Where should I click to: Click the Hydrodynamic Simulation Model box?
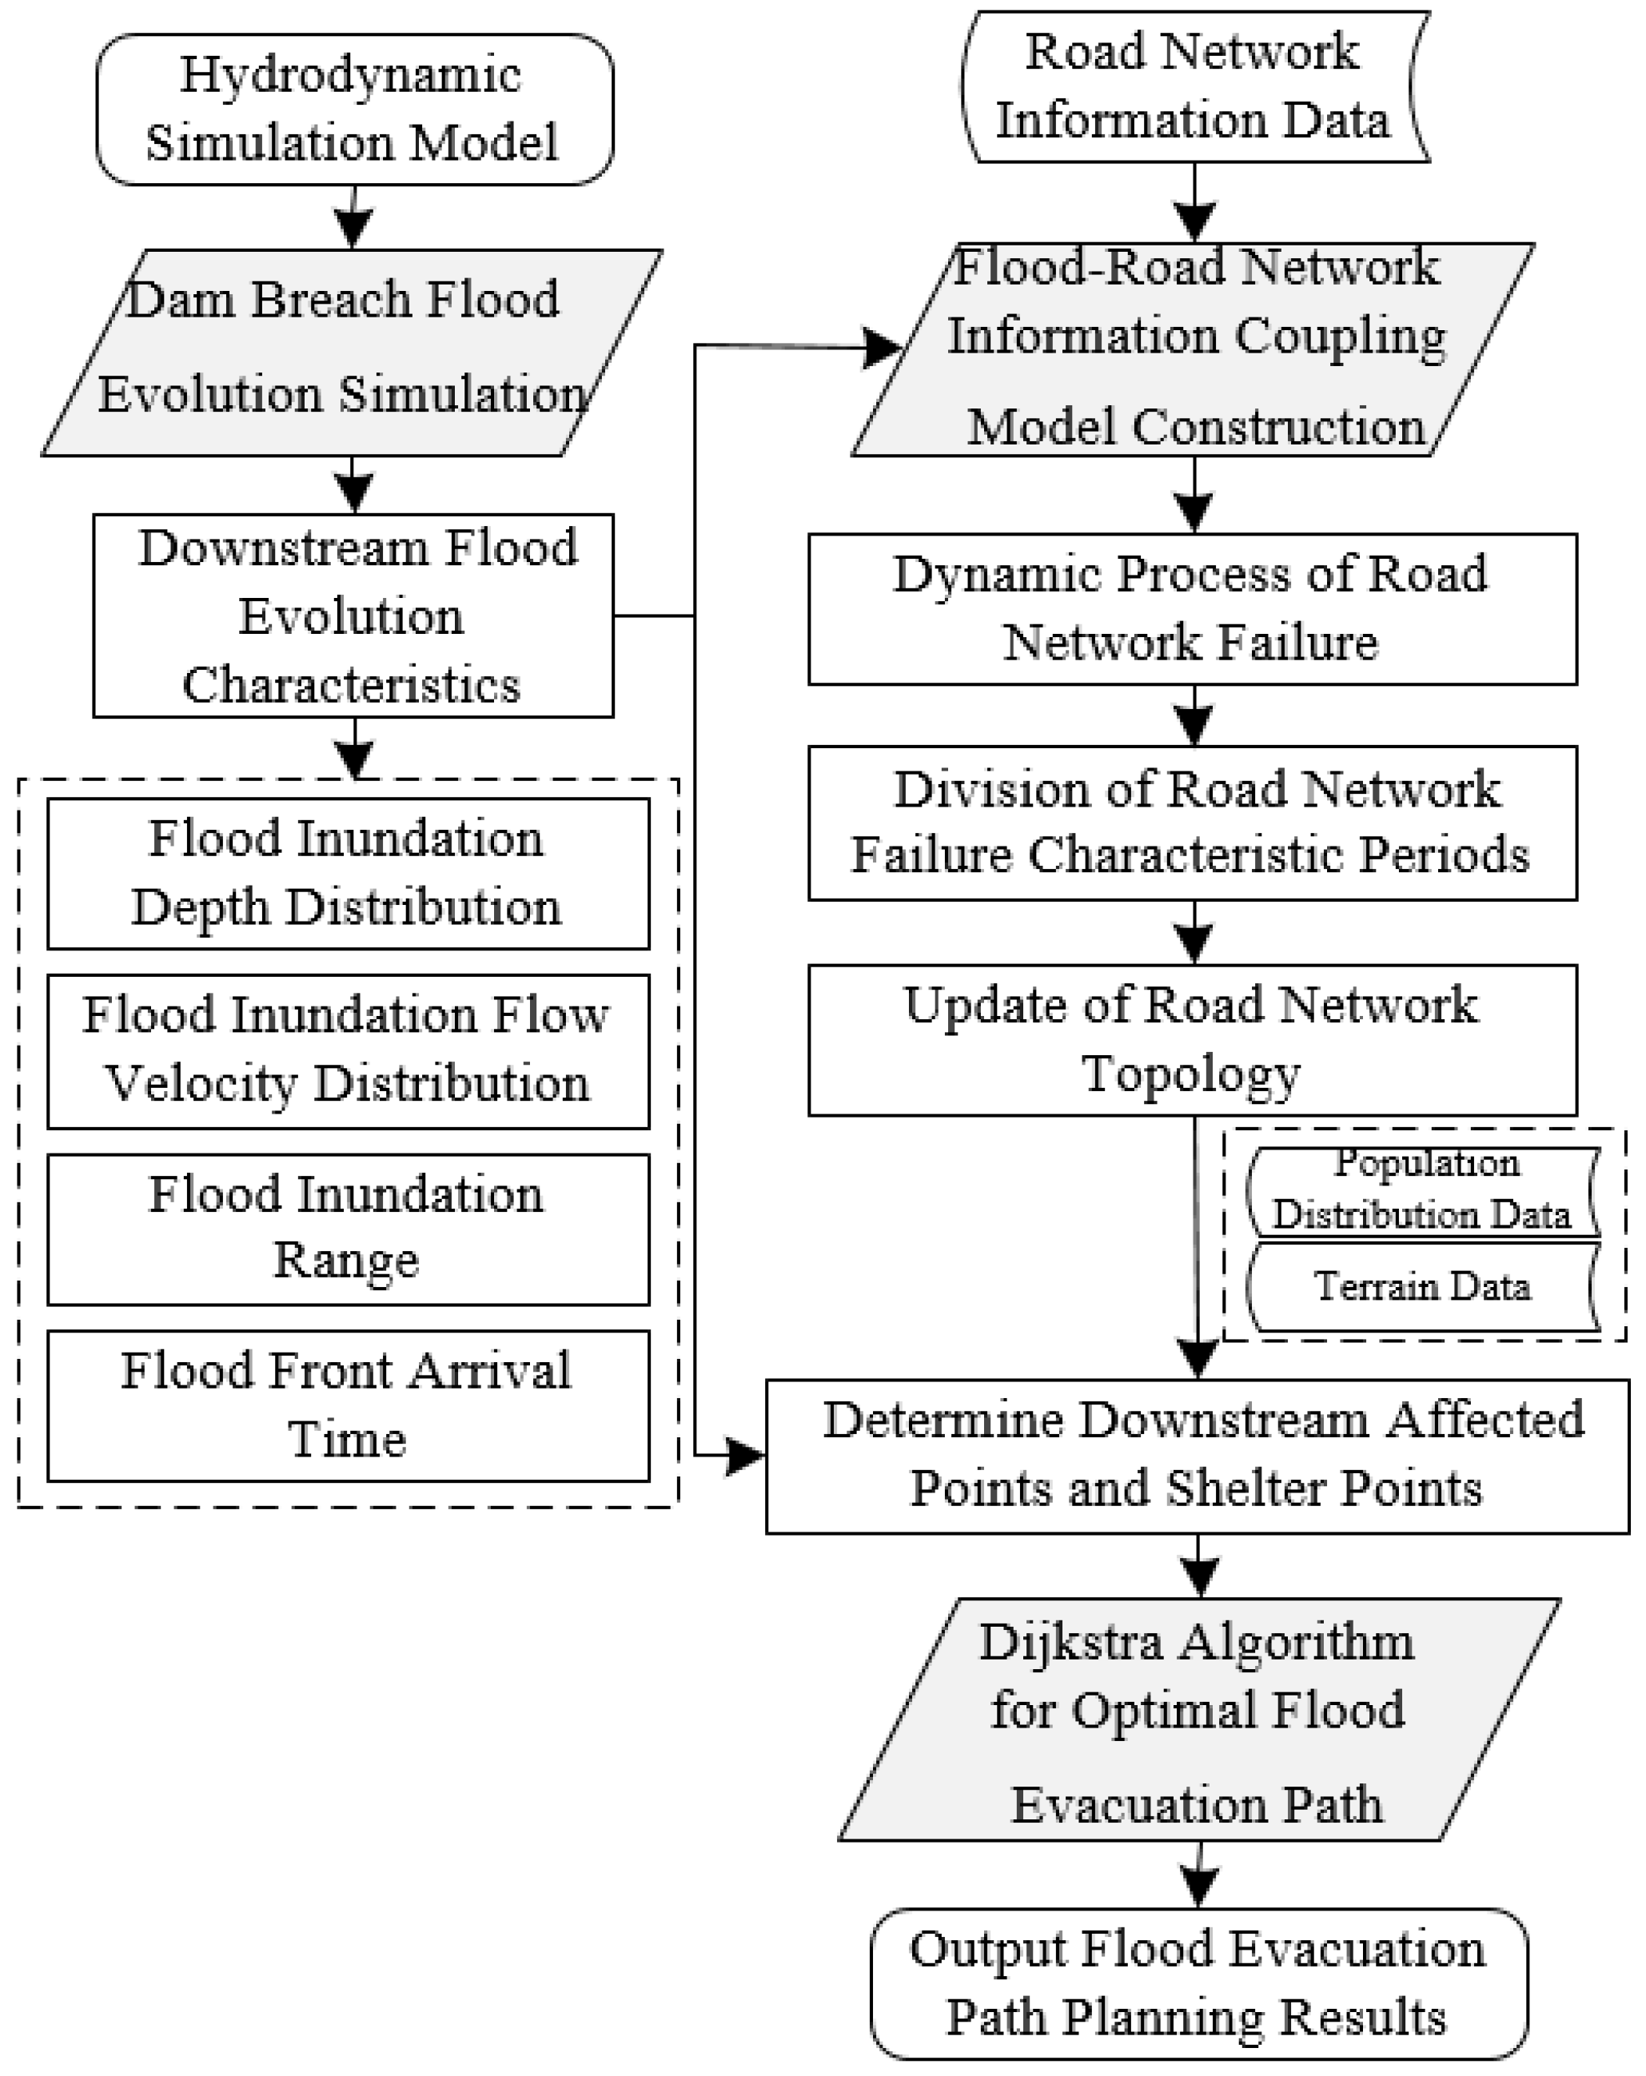[353, 109]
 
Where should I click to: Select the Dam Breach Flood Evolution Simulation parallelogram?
[352, 353]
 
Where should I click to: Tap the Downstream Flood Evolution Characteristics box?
[353, 616]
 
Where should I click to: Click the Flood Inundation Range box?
[348, 1228]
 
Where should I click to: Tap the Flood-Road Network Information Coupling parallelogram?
[1193, 349]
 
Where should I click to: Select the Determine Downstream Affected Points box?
[1198, 1455]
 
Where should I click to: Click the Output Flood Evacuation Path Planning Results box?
[1198, 1983]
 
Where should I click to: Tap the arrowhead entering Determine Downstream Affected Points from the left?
[746, 1455]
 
